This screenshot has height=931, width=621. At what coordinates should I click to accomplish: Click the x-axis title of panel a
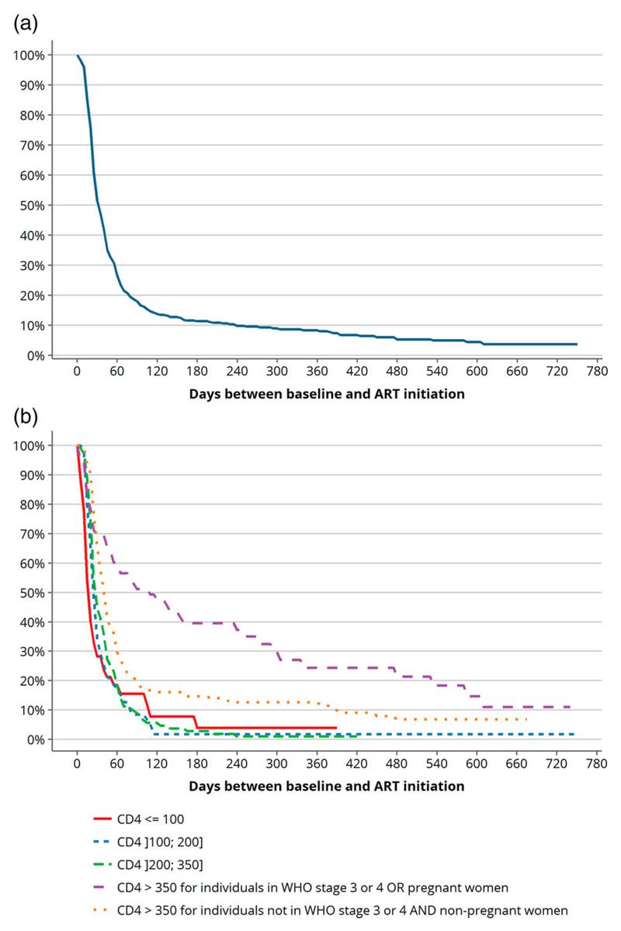(x=326, y=393)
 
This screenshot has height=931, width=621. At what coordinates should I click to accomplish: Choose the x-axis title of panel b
(x=326, y=786)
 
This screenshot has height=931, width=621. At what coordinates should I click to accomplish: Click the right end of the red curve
(x=336, y=728)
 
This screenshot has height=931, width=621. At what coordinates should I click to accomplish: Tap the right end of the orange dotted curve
(x=526, y=719)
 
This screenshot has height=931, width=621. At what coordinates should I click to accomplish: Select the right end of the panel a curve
(x=577, y=344)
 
